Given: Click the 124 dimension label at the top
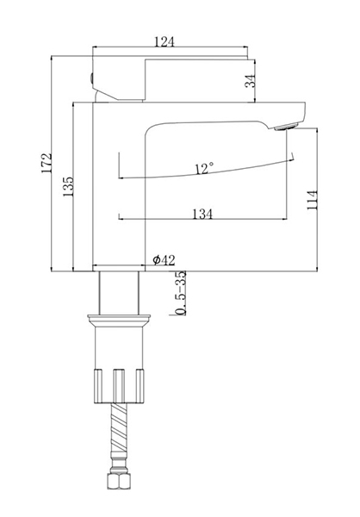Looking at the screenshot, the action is [164, 41].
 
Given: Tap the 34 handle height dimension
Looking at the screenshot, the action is [251, 81].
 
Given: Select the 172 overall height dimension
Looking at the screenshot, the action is [47, 163].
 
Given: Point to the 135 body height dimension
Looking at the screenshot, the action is [68, 187].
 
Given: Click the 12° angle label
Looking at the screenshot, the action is [204, 169].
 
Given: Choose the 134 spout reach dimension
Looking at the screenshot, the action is [202, 214].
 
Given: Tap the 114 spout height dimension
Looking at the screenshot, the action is [312, 200].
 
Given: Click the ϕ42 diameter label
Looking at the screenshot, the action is [164, 260].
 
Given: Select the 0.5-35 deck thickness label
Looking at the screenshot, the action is [180, 293].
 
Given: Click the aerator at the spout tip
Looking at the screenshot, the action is [286, 127].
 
